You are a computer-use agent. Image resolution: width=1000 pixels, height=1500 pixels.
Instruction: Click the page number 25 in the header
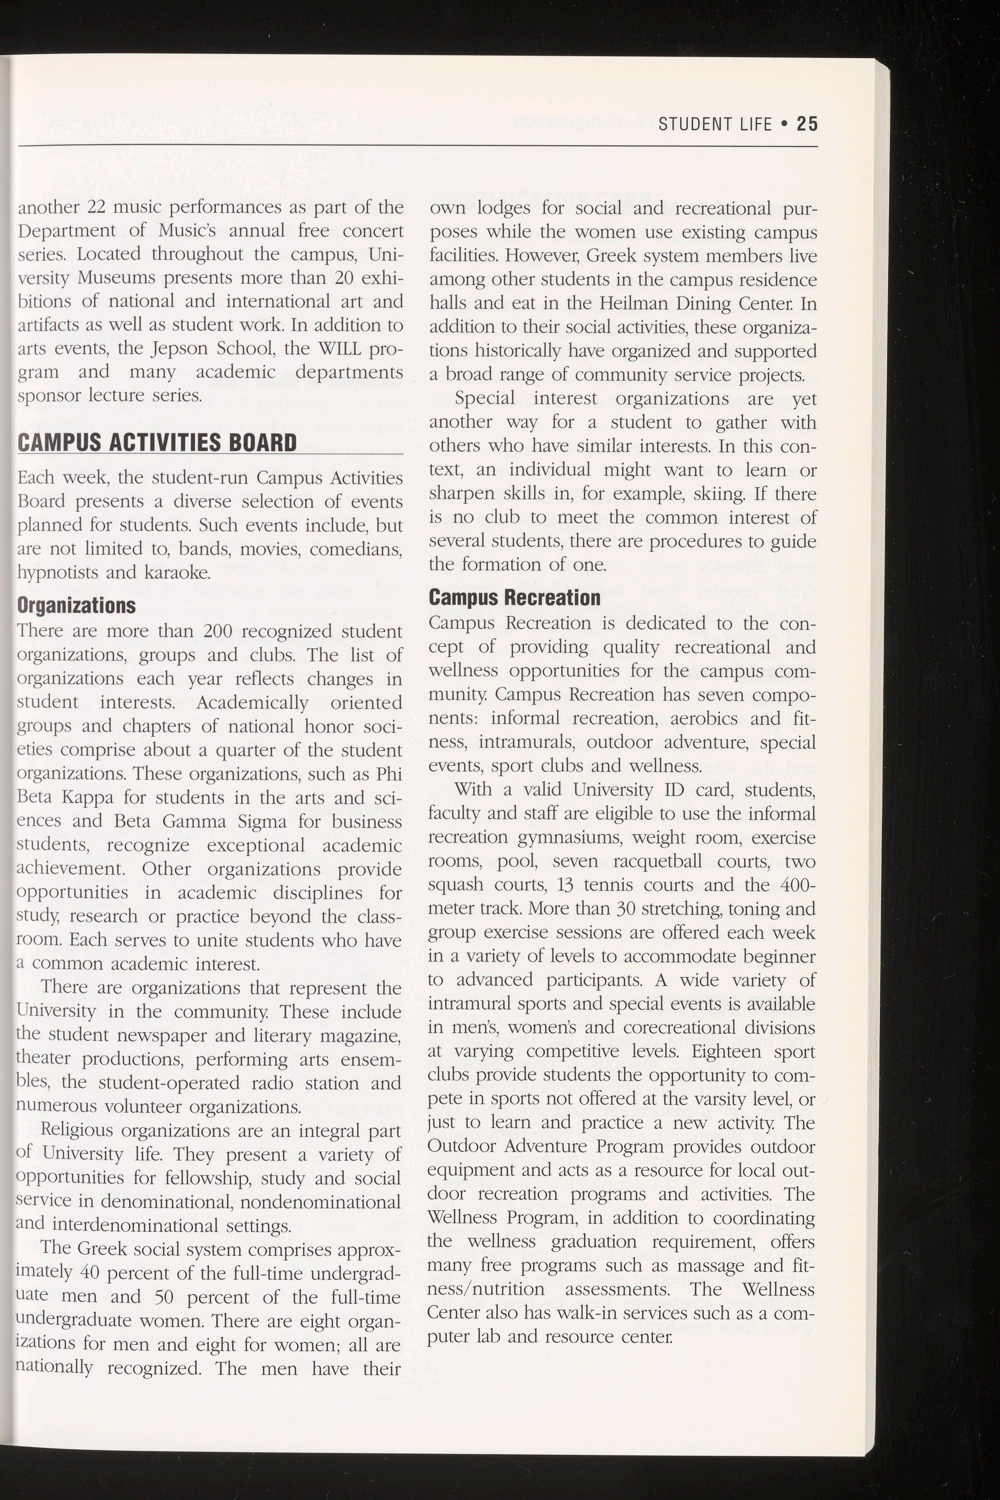tap(806, 124)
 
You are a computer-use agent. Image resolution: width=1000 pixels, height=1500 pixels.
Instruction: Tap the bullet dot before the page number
tap(784, 124)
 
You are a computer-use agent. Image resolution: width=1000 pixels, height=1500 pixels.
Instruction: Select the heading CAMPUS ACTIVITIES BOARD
tap(157, 442)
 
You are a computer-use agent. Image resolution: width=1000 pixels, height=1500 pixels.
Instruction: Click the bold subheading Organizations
tap(76, 605)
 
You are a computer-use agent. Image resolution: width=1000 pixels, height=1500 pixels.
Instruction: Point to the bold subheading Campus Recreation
tap(514, 597)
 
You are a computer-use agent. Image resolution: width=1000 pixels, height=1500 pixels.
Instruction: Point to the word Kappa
tap(88, 797)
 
